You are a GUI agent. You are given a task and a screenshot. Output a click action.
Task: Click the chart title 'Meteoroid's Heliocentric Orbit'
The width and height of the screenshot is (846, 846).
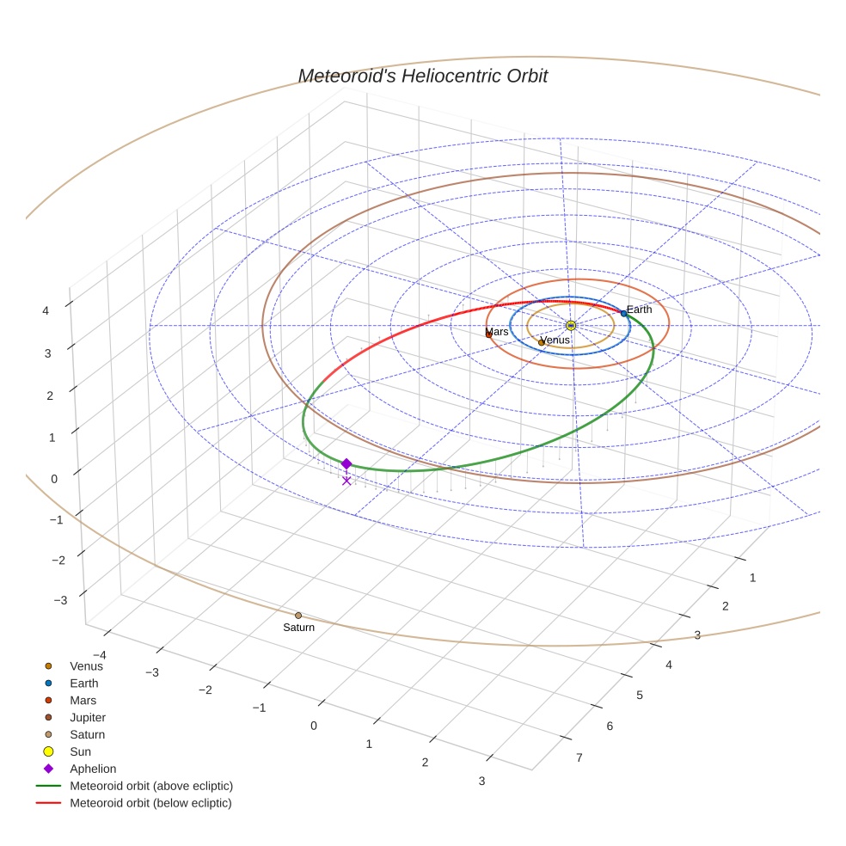tap(422, 77)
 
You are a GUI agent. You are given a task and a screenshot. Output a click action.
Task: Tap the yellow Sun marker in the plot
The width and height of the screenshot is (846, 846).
tap(570, 325)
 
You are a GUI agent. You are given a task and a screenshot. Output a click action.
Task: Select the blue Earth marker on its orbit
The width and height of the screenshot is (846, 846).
tap(624, 313)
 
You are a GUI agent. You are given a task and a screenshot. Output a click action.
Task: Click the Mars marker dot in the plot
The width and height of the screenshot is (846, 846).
tap(489, 334)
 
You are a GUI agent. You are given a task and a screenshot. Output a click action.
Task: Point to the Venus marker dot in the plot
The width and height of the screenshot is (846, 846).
tap(542, 342)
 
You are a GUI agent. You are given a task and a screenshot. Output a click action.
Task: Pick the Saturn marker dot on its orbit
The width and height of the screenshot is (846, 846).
tap(298, 615)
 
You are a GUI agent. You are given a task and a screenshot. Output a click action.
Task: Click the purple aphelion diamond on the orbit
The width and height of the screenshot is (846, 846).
tap(346, 463)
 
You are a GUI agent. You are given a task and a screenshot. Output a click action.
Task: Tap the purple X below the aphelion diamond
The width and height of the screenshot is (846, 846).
tap(346, 481)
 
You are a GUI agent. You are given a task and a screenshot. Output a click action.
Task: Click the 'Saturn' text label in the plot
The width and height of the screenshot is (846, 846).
tap(298, 628)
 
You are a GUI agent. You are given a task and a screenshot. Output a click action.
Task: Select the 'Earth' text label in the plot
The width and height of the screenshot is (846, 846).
tap(639, 310)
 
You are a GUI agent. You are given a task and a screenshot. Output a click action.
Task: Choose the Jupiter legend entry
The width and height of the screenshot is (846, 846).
tap(88, 717)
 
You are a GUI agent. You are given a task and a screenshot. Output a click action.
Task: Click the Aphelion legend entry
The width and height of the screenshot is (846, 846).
tap(93, 769)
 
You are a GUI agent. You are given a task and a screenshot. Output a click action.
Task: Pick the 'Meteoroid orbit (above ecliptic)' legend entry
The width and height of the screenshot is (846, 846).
tap(151, 786)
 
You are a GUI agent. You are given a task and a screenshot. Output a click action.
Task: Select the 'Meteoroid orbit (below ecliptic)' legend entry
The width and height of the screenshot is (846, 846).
tap(150, 803)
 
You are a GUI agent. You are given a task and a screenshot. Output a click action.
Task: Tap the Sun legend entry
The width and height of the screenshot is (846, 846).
tap(80, 751)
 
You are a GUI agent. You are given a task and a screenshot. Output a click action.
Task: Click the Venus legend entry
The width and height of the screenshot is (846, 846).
tap(86, 665)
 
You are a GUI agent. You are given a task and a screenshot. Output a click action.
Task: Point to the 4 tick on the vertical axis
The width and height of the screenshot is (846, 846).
tap(46, 310)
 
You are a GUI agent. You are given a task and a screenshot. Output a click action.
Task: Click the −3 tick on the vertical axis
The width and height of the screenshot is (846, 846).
tap(60, 600)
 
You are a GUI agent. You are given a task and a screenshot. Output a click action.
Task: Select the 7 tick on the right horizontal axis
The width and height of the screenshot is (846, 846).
tap(579, 757)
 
